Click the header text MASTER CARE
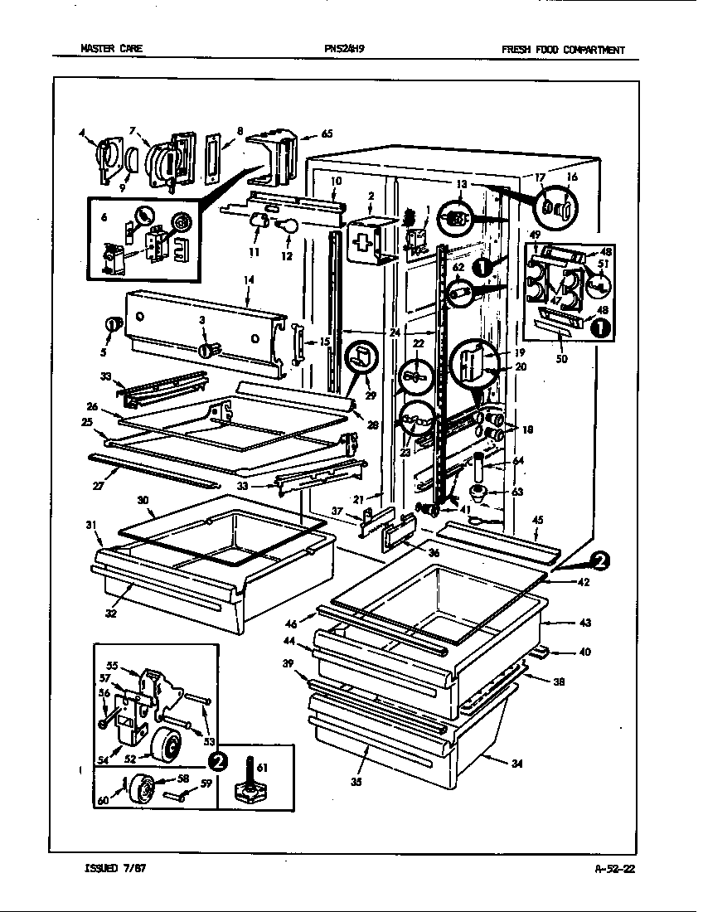tap(111, 49)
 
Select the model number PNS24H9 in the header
tap(345, 49)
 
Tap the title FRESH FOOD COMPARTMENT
tap(563, 50)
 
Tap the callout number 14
tap(248, 282)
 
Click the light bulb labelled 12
tap(288, 226)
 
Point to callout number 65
tap(327, 133)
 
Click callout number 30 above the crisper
tap(142, 501)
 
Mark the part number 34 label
tap(517, 764)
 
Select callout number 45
tap(537, 521)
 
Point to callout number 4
tap(82, 132)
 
